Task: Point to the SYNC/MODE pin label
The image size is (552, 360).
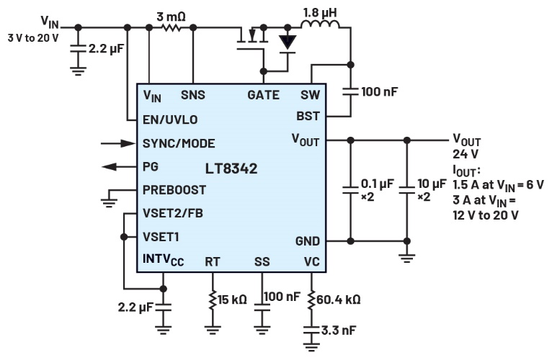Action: click(178, 143)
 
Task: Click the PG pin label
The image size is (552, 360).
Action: click(151, 166)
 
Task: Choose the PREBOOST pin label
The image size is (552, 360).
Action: click(174, 190)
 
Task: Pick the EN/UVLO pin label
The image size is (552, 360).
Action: click(169, 120)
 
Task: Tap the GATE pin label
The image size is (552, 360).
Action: click(263, 95)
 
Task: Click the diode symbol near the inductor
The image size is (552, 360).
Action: click(288, 42)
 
